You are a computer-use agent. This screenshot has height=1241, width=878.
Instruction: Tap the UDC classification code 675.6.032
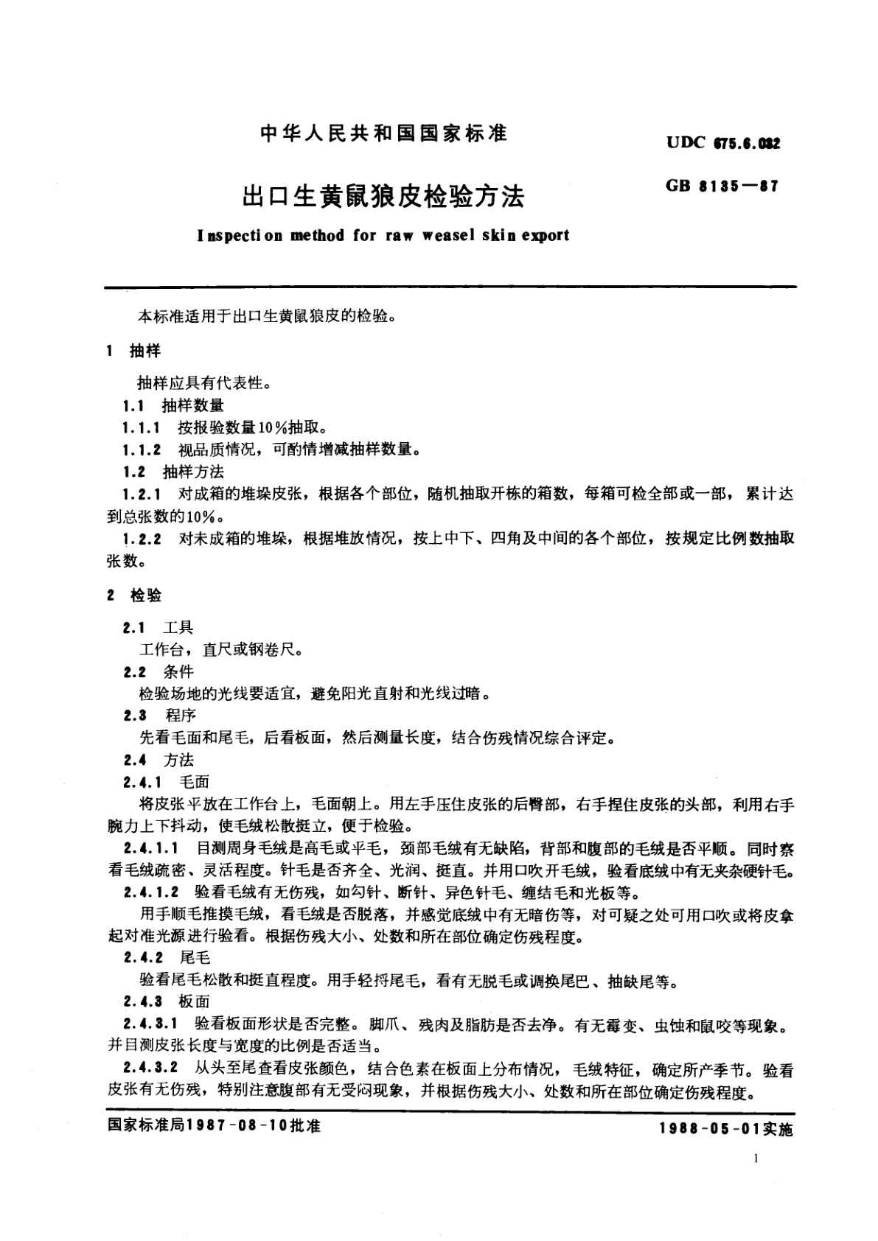coord(745,143)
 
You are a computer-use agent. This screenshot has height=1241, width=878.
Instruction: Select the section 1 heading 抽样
coord(145,351)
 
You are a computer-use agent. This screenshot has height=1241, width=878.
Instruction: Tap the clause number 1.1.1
coord(141,427)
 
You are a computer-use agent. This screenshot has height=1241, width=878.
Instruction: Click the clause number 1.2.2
coord(142,539)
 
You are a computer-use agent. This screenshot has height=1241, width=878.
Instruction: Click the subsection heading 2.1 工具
coord(158,627)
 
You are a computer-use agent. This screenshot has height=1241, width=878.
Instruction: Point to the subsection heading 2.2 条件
coord(158,671)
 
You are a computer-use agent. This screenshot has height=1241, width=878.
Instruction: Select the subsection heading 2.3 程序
coord(158,715)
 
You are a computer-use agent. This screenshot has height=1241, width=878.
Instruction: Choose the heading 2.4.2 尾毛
coord(167,957)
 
